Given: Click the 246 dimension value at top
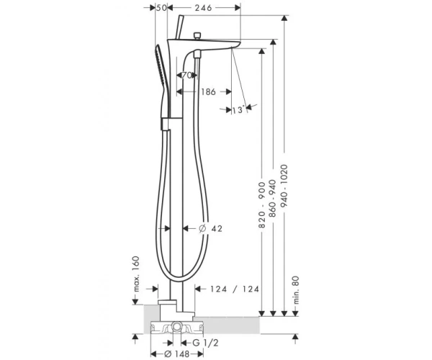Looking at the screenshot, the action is pos(203,8).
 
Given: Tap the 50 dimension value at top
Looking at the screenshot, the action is pos(161,8).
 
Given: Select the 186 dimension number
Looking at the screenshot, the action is pos(208,91).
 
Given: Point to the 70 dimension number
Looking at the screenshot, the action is pos(186,75).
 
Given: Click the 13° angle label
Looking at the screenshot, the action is pos(238,110).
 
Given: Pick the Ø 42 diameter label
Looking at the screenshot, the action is pos(210,228).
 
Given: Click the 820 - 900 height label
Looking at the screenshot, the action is pos(262,205).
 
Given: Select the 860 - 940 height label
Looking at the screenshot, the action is pos(272,198).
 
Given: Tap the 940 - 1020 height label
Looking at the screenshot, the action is pos(284,186).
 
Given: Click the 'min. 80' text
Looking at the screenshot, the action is pos(296,290).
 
